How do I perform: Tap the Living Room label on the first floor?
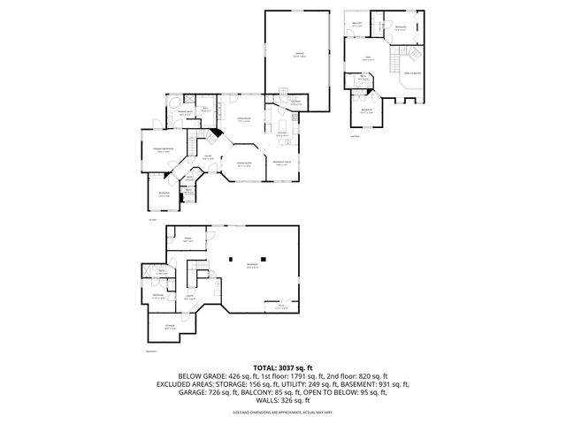[x=244, y=120]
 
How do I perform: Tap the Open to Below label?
[x=412, y=73]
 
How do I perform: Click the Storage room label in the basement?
[x=170, y=326]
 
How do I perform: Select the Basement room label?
[x=253, y=265]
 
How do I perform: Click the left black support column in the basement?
[x=230, y=260]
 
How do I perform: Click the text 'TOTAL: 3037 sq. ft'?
[x=283, y=367]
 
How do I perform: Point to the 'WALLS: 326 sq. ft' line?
[x=283, y=403]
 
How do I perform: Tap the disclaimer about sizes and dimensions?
[x=283, y=413]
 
